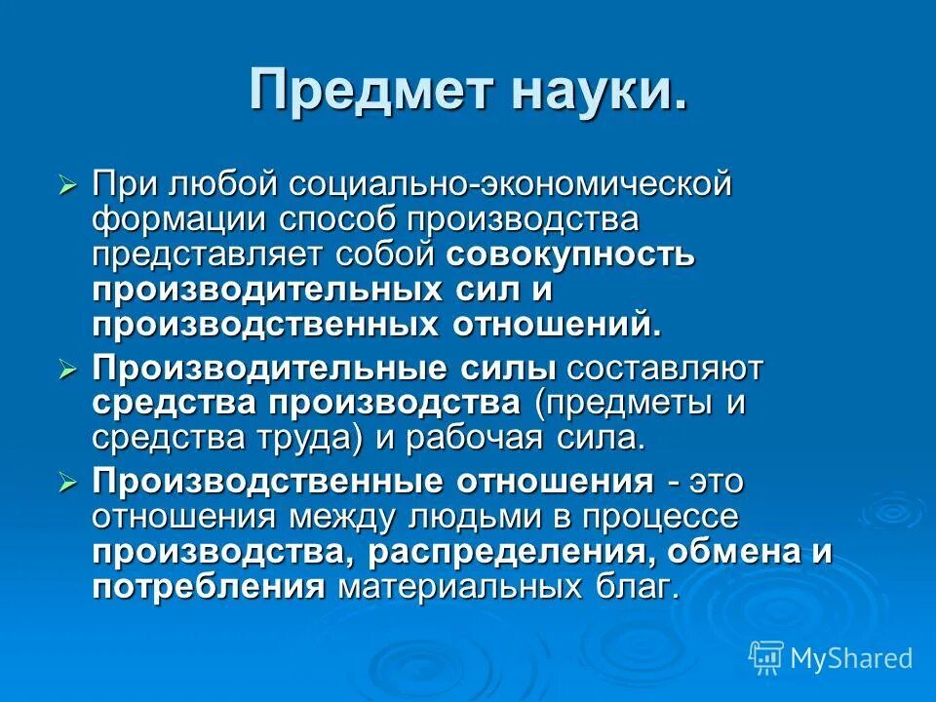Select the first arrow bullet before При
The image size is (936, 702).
[67, 185]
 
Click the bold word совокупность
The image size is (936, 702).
[570, 255]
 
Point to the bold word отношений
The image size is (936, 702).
[556, 325]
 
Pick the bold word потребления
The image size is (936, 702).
[208, 587]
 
